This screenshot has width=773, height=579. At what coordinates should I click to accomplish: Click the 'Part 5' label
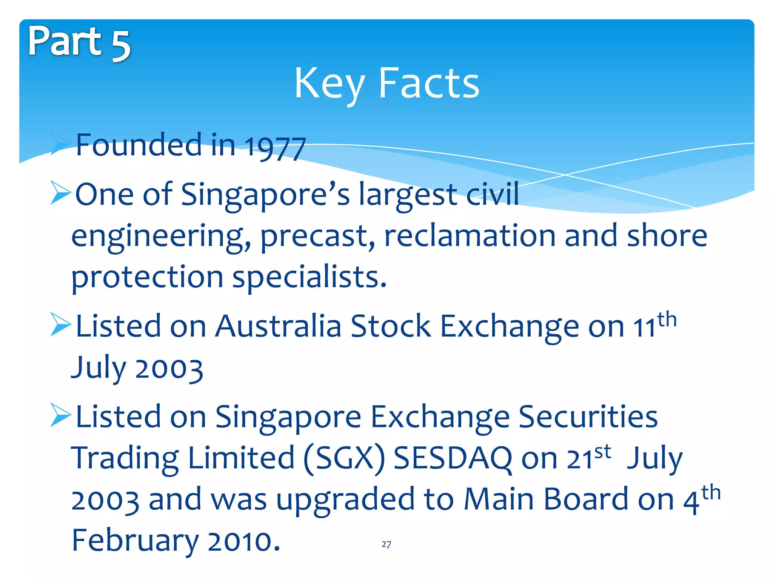click(x=79, y=42)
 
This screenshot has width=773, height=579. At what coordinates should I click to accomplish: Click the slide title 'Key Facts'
click(x=386, y=84)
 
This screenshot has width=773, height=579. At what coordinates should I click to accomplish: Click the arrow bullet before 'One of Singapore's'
click(x=60, y=192)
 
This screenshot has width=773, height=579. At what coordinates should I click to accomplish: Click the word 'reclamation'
click(x=470, y=236)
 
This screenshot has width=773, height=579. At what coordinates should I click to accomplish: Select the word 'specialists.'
click(x=310, y=277)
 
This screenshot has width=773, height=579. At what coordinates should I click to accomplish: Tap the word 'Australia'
click(x=279, y=326)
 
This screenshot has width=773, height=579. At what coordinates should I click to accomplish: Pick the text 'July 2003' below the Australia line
click(x=137, y=368)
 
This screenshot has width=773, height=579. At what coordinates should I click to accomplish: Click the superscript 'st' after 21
click(x=602, y=452)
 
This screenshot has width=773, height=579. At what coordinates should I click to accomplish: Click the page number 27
click(x=386, y=544)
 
